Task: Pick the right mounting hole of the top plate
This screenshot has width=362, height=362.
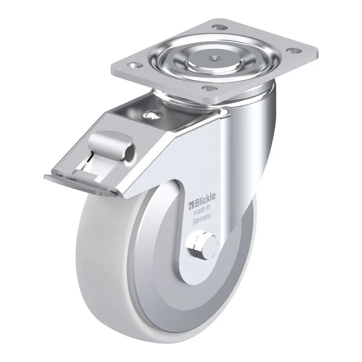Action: click(294, 51)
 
